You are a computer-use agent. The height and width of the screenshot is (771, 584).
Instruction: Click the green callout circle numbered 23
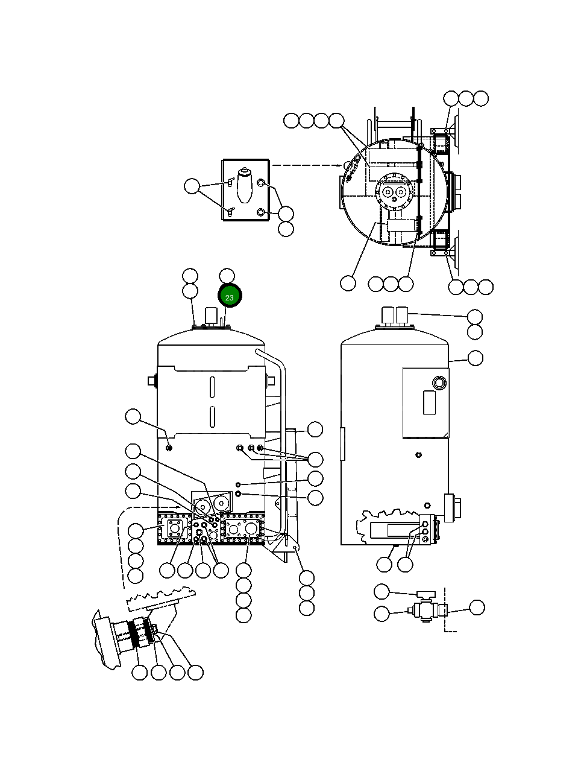pyautogui.click(x=229, y=297)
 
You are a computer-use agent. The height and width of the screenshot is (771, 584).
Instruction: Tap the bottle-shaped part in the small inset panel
pyautogui.click(x=244, y=185)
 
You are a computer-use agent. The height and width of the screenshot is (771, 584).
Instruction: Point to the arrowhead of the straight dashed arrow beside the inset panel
pyautogui.click(x=344, y=165)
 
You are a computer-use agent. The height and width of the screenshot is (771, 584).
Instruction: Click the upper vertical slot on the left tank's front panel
pyautogui.click(x=212, y=387)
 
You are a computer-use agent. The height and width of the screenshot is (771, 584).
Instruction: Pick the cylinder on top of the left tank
pyautogui.click(x=211, y=316)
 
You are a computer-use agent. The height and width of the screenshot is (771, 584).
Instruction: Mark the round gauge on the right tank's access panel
pyautogui.click(x=438, y=383)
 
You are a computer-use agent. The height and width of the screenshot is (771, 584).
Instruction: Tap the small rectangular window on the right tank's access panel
pyautogui.click(x=429, y=402)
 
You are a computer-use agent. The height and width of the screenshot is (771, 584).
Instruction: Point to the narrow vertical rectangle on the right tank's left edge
pyautogui.click(x=342, y=444)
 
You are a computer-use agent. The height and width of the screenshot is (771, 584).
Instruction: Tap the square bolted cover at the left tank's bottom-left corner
pyautogui.click(x=174, y=529)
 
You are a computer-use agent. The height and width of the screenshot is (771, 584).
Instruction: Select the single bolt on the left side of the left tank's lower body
pyautogui.click(x=169, y=447)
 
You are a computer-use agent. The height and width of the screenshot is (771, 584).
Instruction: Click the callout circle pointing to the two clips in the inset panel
pyautogui.click(x=192, y=186)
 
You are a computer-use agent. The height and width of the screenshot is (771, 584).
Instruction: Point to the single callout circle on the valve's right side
pyautogui.click(x=477, y=608)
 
